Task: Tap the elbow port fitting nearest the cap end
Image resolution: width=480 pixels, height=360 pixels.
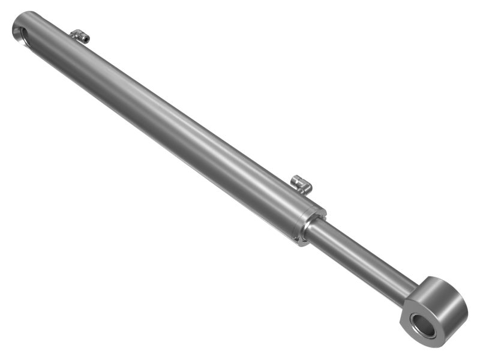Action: pos(80,36)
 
